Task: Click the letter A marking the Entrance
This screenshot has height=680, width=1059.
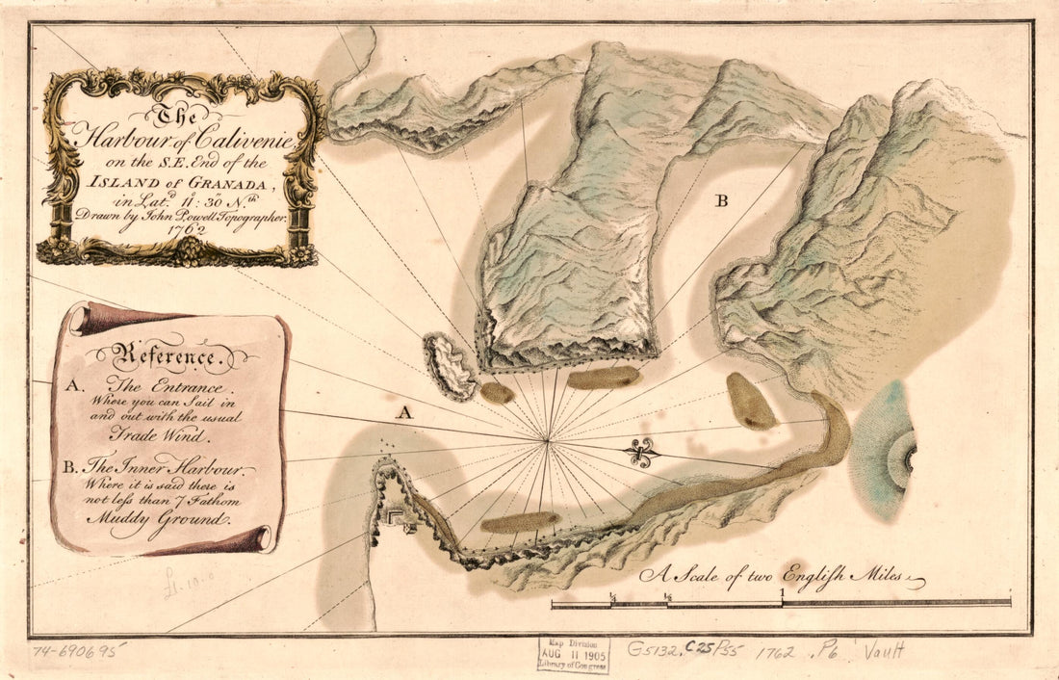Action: (406, 413)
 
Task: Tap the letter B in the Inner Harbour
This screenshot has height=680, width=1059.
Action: (721, 201)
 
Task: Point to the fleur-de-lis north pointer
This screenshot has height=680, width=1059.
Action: (640, 452)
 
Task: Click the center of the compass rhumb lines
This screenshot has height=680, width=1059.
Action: (547, 441)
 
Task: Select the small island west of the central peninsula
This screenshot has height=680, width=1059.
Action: (450, 365)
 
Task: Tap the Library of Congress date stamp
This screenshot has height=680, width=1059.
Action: (573, 654)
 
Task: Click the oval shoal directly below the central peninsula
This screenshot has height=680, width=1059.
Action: (604, 377)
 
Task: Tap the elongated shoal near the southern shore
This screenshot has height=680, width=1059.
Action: (520, 522)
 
